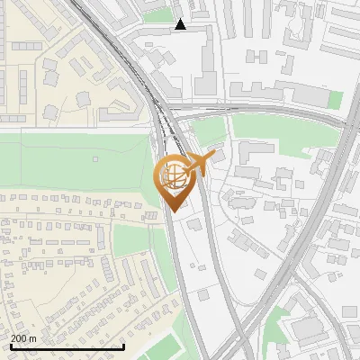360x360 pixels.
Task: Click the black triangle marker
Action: (181, 24)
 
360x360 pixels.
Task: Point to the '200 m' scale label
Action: (24, 338)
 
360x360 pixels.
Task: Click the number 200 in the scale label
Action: (20, 338)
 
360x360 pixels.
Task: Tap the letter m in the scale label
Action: (34, 338)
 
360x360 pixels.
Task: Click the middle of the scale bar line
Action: (67, 346)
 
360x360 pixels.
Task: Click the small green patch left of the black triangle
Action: (157, 15)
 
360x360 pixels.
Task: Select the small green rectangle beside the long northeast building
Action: (334, 99)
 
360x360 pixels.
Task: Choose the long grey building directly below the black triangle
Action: (205, 63)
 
